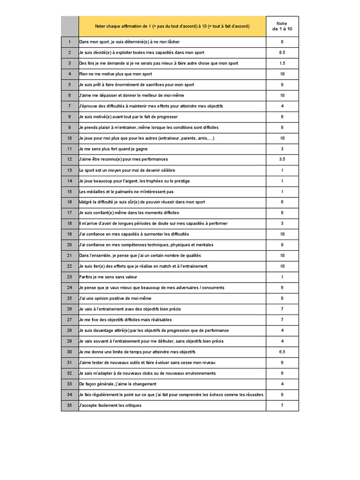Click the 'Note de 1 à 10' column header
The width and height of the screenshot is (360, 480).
(282, 26)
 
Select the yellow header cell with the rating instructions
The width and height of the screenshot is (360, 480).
(172, 26)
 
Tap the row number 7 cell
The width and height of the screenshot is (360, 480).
(69, 106)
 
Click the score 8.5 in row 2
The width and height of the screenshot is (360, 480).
(282, 52)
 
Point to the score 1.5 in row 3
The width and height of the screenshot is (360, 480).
(282, 63)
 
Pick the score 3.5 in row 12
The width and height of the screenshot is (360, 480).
(282, 159)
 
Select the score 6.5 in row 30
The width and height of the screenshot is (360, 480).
(282, 352)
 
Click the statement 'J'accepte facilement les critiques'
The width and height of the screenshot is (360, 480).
(110, 405)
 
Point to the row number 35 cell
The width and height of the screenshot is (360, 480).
(69, 405)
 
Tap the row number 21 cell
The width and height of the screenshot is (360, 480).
(69, 255)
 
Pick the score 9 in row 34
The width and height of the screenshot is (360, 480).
(282, 394)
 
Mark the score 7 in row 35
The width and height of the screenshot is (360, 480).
(282, 405)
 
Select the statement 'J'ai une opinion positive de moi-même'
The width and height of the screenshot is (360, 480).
(115, 298)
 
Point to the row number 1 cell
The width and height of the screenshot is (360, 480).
(69, 42)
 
